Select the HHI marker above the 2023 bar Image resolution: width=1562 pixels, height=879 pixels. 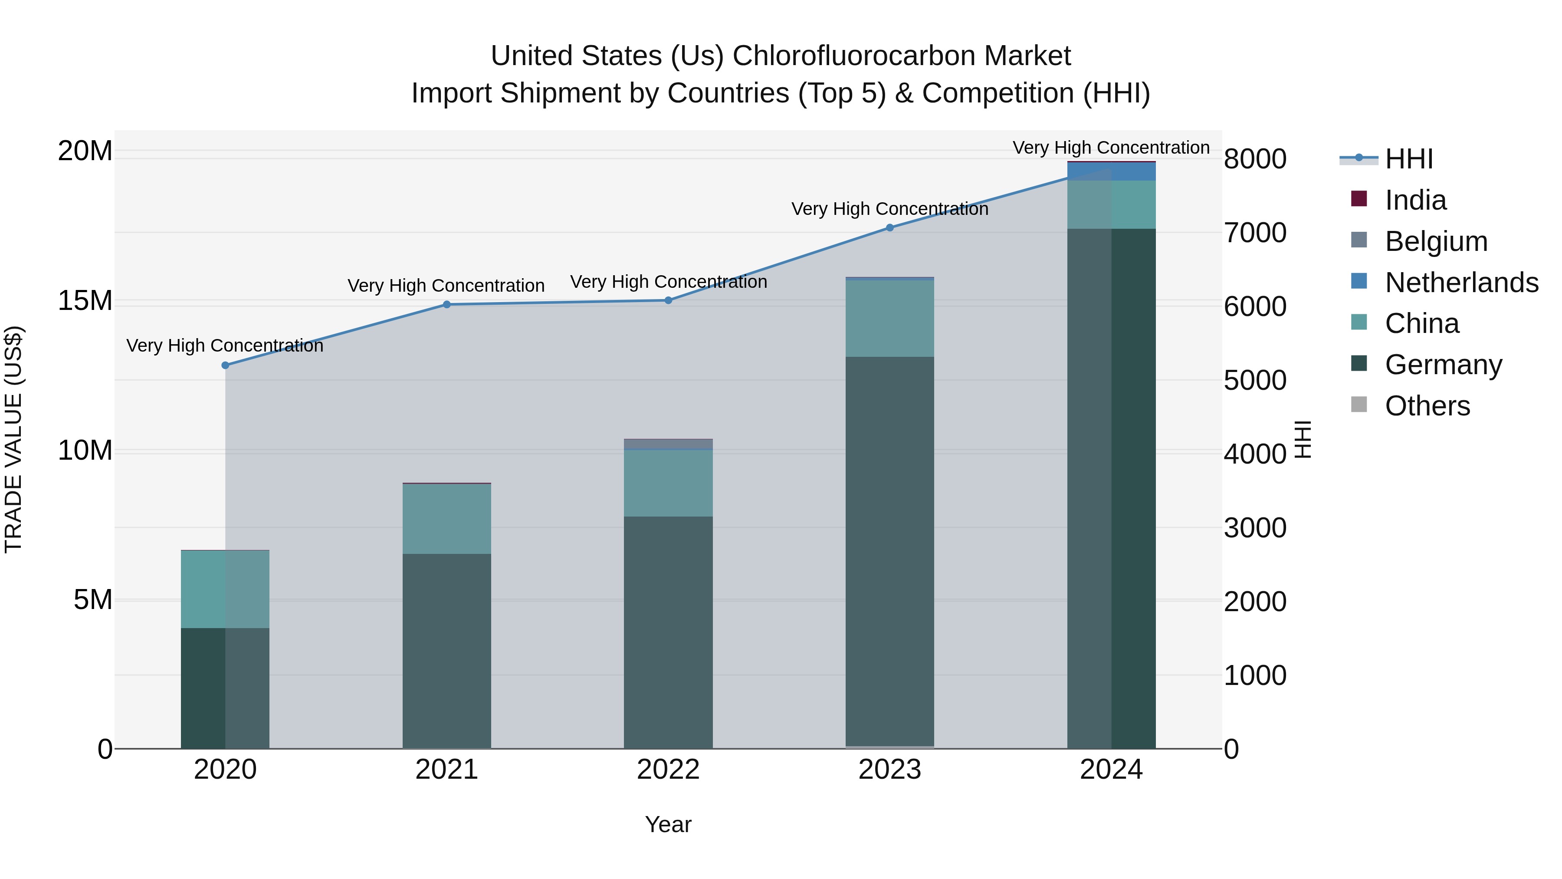click(889, 227)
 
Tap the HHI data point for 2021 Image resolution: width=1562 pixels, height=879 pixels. click(447, 305)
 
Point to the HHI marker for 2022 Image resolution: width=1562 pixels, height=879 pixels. click(668, 300)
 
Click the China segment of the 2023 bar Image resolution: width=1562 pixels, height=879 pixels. click(889, 319)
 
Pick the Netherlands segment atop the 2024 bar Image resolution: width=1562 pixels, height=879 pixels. click(1112, 171)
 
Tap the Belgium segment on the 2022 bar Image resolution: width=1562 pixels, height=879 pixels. click(668, 444)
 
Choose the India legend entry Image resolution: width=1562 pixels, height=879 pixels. click(1415, 200)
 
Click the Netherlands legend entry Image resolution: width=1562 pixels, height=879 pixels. click(1461, 283)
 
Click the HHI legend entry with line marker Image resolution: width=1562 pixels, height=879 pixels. click(1408, 159)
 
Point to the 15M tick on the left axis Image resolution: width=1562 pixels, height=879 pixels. click(85, 301)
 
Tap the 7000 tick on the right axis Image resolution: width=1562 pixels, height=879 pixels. click(1254, 233)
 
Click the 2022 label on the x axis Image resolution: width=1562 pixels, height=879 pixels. click(668, 770)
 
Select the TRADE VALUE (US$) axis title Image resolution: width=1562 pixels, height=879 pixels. click(13, 439)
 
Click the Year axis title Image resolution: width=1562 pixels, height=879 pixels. click(668, 824)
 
